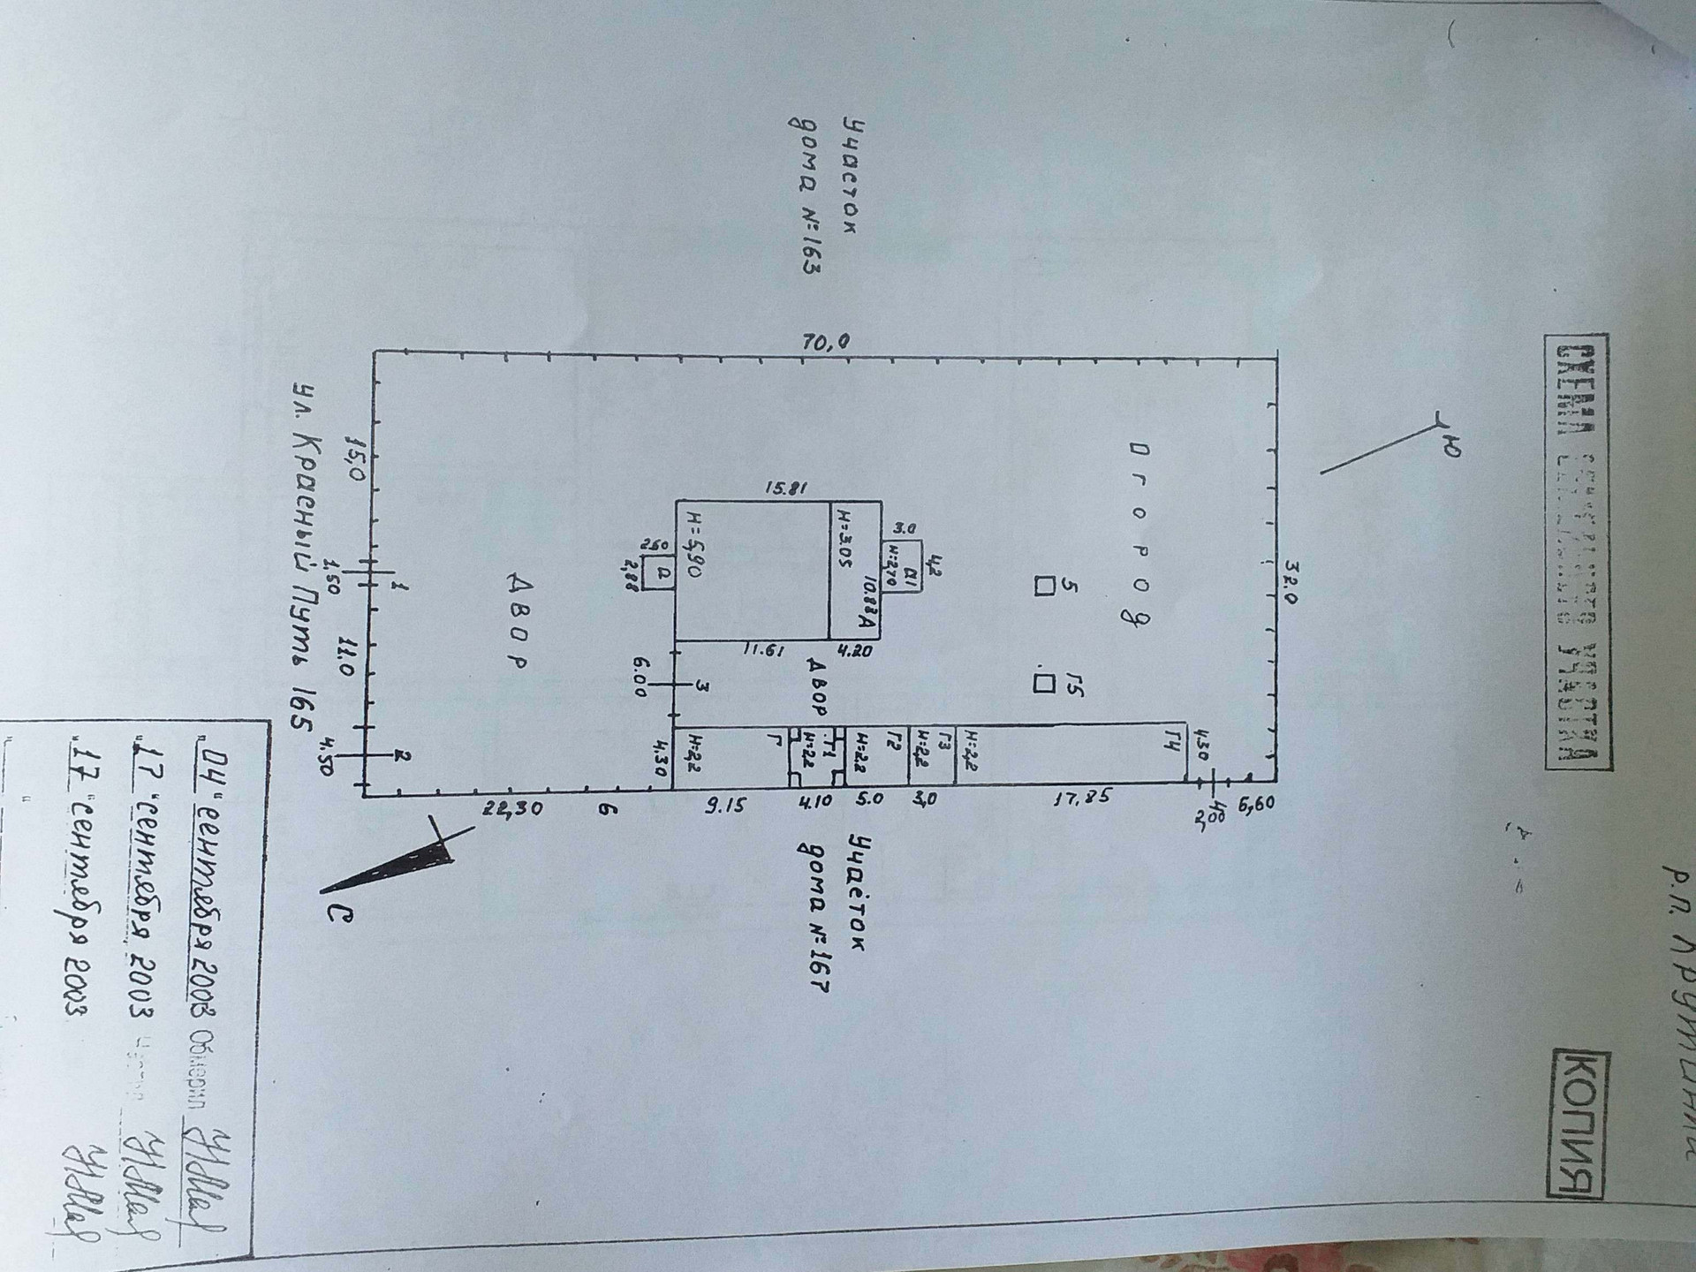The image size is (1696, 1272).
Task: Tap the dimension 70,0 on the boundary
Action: (x=826, y=342)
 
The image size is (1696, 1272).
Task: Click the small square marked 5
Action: (x=1045, y=587)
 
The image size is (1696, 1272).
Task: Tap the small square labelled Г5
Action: (x=1044, y=683)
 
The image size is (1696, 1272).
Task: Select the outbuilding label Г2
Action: (x=894, y=740)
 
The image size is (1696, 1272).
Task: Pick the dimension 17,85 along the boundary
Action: (x=1080, y=799)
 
